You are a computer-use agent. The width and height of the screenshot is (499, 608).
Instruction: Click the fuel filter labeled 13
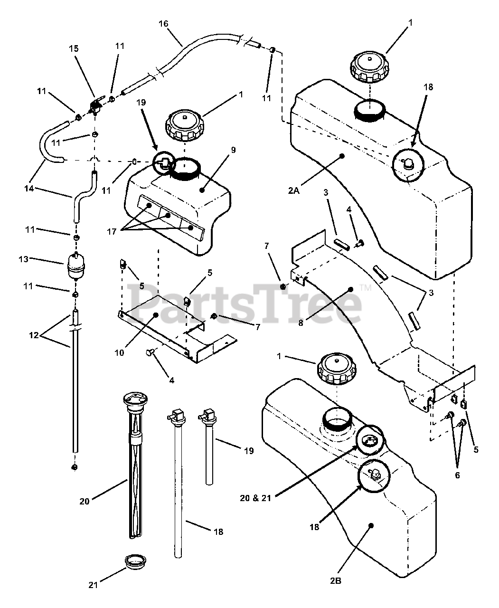(76, 266)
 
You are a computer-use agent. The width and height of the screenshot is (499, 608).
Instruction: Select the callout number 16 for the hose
(163, 24)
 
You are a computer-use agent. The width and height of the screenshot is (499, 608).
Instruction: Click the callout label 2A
(294, 190)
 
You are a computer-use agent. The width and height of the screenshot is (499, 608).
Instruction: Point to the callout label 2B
(336, 580)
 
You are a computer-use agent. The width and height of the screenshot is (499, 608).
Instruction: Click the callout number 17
(112, 231)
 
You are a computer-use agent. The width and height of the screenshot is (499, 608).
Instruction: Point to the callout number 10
(119, 353)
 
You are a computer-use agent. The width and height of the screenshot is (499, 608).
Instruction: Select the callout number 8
(301, 323)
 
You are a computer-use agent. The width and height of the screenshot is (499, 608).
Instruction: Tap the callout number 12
(34, 335)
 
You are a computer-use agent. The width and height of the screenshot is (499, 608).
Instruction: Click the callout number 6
(458, 475)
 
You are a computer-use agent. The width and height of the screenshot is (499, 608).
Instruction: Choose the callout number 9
(233, 150)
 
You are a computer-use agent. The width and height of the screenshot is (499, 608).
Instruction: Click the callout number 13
(23, 259)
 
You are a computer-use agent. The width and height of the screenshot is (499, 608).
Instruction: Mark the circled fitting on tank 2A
(409, 165)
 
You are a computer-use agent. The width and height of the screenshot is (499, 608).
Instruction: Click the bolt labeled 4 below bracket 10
(151, 351)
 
